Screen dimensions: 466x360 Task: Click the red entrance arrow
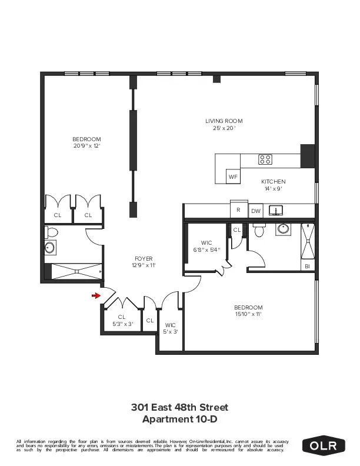click(96, 296)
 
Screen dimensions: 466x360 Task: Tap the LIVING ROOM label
click(224, 124)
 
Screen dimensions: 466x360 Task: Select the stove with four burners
click(265, 159)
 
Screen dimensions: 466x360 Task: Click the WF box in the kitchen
click(233, 176)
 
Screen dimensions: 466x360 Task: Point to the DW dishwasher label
click(256, 211)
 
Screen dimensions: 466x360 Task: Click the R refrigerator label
click(238, 209)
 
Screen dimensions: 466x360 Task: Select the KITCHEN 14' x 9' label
click(273, 185)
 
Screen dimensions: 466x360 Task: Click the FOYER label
click(144, 262)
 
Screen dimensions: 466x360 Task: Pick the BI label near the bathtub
click(308, 267)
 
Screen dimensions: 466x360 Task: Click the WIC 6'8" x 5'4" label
click(206, 246)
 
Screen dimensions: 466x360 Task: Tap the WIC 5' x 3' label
click(171, 328)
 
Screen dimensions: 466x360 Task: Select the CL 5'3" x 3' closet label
click(122, 321)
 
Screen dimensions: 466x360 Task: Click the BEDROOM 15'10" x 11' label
click(248, 311)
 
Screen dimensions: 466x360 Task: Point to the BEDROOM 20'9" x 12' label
click(87, 142)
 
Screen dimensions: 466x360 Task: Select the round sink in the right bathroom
click(284, 229)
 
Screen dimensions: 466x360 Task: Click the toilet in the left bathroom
click(51, 248)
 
